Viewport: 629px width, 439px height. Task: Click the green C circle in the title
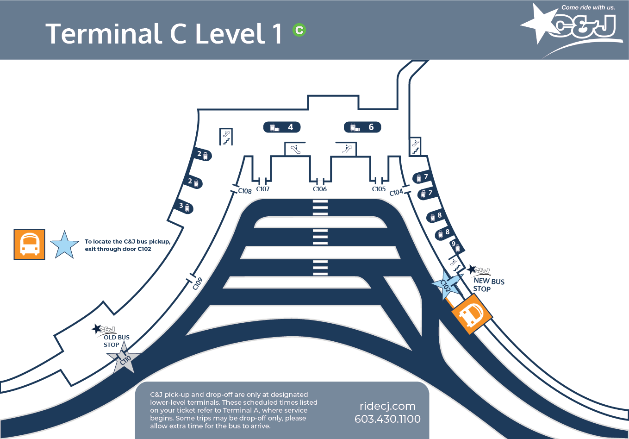point(299,30)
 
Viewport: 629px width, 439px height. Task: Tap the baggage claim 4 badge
point(282,127)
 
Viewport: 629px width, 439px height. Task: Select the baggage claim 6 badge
point(362,127)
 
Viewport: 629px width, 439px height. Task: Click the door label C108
point(245,191)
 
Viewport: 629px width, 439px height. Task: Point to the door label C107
point(263,189)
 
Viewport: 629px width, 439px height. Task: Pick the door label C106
point(320,189)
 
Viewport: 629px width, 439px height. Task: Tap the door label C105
point(379,189)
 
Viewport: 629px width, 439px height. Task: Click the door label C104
point(396,192)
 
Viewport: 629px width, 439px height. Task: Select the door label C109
point(198,284)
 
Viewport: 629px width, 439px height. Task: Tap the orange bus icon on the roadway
point(472,314)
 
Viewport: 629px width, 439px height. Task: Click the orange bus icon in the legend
point(29,245)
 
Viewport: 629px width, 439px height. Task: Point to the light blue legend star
point(65,245)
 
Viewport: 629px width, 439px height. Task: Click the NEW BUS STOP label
point(489,285)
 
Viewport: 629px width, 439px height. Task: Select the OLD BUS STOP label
point(116,341)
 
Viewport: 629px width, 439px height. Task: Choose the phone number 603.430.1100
point(387,419)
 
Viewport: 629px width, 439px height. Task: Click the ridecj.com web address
point(387,407)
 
